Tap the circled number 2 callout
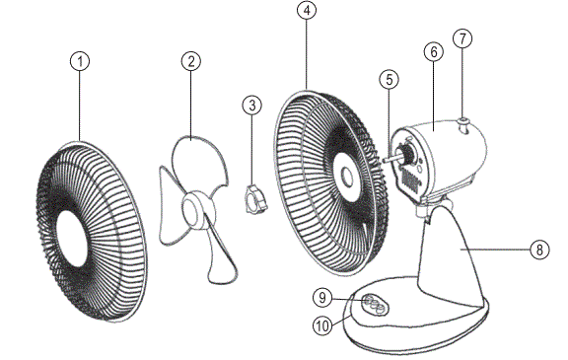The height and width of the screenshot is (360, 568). (191, 61)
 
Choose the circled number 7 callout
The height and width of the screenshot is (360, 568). (461, 38)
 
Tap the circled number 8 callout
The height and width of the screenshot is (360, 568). (538, 250)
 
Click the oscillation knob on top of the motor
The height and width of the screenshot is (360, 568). (461, 122)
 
